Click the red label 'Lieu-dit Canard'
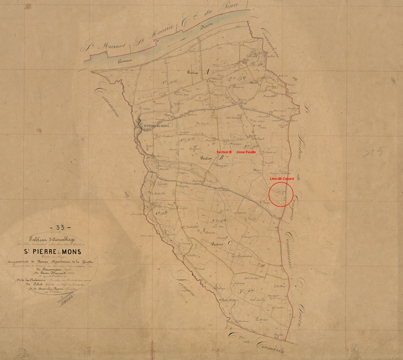(282, 179)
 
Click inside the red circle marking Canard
(281, 194)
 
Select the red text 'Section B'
(224, 153)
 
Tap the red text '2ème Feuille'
(247, 153)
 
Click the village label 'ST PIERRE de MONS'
(158, 126)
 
